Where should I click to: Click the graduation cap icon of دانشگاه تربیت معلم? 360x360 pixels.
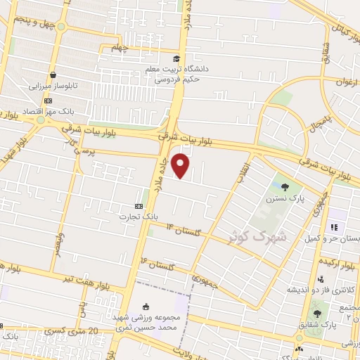(x=176, y=58)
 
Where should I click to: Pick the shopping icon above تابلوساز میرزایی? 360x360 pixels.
(x=52, y=75)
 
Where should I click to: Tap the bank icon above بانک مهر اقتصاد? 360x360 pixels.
(x=48, y=101)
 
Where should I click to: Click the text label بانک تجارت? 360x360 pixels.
(x=142, y=216)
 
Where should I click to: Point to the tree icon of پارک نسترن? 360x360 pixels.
(x=284, y=187)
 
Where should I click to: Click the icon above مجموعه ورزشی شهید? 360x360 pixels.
(x=146, y=307)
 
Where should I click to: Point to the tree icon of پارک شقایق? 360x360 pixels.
(x=316, y=314)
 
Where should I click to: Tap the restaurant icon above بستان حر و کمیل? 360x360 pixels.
(x=334, y=228)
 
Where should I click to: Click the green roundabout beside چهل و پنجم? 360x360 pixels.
(x=61, y=27)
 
